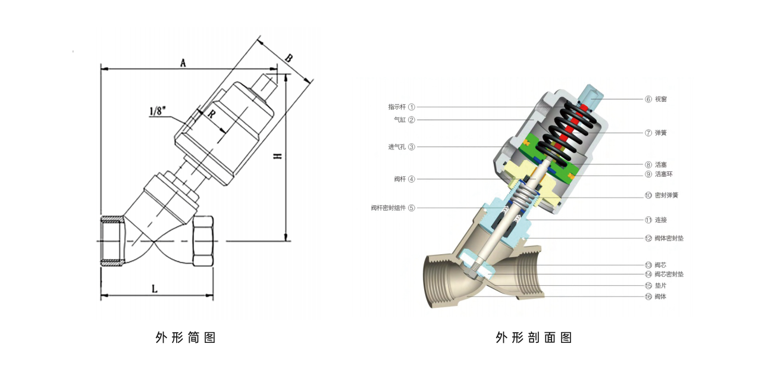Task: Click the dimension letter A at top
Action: pyautogui.click(x=183, y=63)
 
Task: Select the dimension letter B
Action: pyautogui.click(x=289, y=58)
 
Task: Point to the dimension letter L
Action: pyautogui.click(x=155, y=288)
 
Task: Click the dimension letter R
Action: pyautogui.click(x=211, y=114)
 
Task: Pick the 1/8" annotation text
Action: pyautogui.click(x=158, y=111)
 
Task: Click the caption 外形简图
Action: pyautogui.click(x=185, y=338)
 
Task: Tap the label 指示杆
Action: pyautogui.click(x=397, y=107)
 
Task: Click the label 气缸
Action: pyautogui.click(x=400, y=120)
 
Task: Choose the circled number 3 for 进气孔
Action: pyautogui.click(x=411, y=147)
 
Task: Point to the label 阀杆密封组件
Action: pyautogui.click(x=388, y=208)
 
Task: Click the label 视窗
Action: pyautogui.click(x=661, y=99)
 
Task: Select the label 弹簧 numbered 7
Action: pyautogui.click(x=661, y=133)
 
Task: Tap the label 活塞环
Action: pyautogui.click(x=663, y=174)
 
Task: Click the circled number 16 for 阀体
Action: pyautogui.click(x=648, y=296)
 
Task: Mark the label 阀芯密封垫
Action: pyautogui.click(x=669, y=274)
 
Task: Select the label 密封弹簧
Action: pyautogui.click(x=666, y=195)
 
